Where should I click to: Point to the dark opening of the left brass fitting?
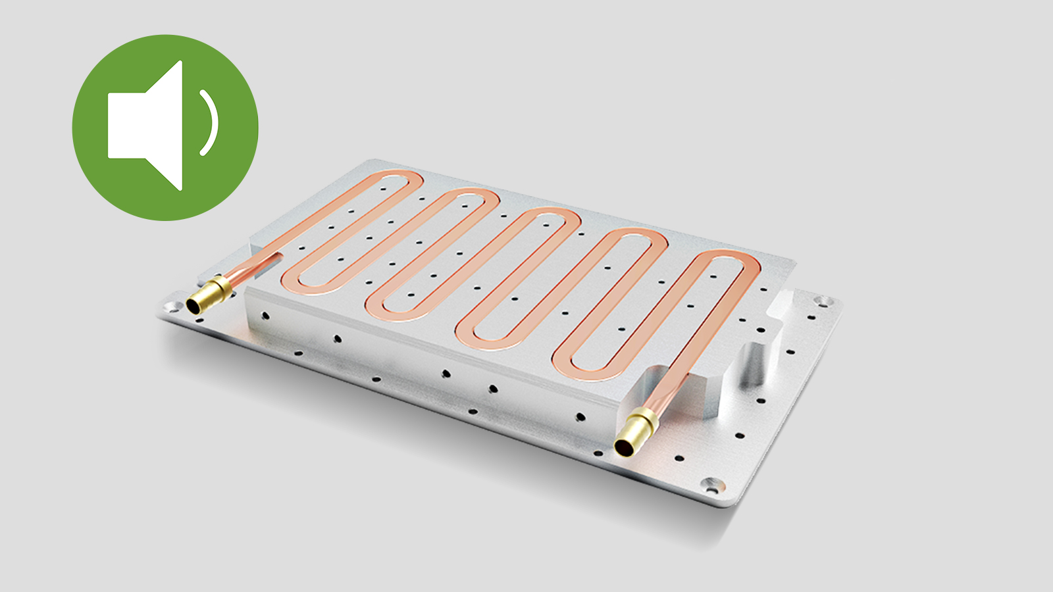[x=195, y=305]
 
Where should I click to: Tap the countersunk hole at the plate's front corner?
[x=711, y=487]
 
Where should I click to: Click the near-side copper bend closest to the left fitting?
[x=303, y=282]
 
